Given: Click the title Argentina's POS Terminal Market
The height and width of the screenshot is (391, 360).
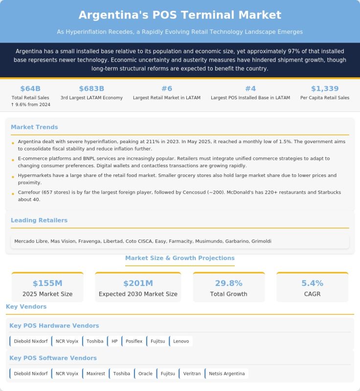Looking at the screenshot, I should (180, 15).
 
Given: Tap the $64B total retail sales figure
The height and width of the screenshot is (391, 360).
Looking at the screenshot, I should (30, 88).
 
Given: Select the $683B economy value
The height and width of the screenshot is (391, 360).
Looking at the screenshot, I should (91, 88).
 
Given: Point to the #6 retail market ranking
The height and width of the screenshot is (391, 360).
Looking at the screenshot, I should (167, 88).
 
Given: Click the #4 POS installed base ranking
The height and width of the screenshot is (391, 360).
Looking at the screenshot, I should (250, 88).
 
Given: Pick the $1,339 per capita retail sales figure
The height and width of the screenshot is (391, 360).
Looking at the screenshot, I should (325, 88).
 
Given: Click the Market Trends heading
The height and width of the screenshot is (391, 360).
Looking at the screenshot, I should (34, 127).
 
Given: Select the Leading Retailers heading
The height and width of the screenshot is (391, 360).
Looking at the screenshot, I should (39, 220).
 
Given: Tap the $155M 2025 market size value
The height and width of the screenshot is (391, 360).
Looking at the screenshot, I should (47, 283).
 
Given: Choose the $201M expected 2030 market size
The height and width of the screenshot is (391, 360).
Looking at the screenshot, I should (138, 283).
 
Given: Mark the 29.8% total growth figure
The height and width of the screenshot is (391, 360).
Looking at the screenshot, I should (229, 283).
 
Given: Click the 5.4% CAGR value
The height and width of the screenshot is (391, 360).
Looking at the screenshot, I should (312, 283).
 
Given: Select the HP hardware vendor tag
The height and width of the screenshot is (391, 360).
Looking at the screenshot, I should (114, 341).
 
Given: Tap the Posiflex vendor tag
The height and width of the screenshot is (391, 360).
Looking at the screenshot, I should (134, 341).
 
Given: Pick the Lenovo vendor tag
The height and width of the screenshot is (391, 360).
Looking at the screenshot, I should (181, 341).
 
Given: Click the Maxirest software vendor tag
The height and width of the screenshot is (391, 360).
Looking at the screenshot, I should (95, 374).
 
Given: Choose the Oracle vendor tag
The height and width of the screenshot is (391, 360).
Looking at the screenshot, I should (145, 374).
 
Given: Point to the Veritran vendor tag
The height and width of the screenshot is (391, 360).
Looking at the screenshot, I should (192, 374).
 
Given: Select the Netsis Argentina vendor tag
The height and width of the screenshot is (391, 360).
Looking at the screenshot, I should (226, 374).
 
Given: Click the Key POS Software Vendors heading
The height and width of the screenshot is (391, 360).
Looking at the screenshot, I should (53, 358).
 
